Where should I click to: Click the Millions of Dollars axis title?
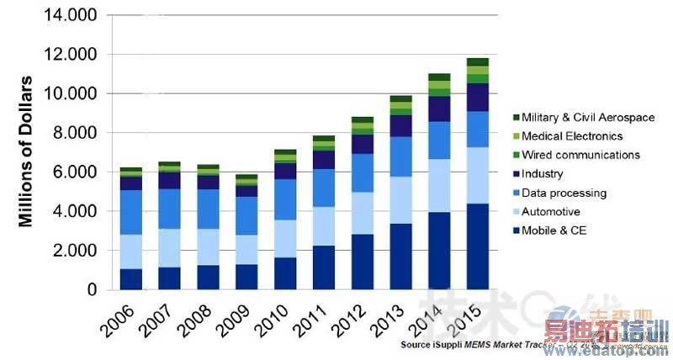pos(26,151)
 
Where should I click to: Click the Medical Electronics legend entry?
pos(572,136)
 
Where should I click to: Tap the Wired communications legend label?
pos(580,155)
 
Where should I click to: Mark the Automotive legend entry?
pos(551,212)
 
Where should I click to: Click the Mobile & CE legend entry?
pos(554,230)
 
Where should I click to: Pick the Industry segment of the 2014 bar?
pos(439,109)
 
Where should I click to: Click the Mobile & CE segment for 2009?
pos(246,277)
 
